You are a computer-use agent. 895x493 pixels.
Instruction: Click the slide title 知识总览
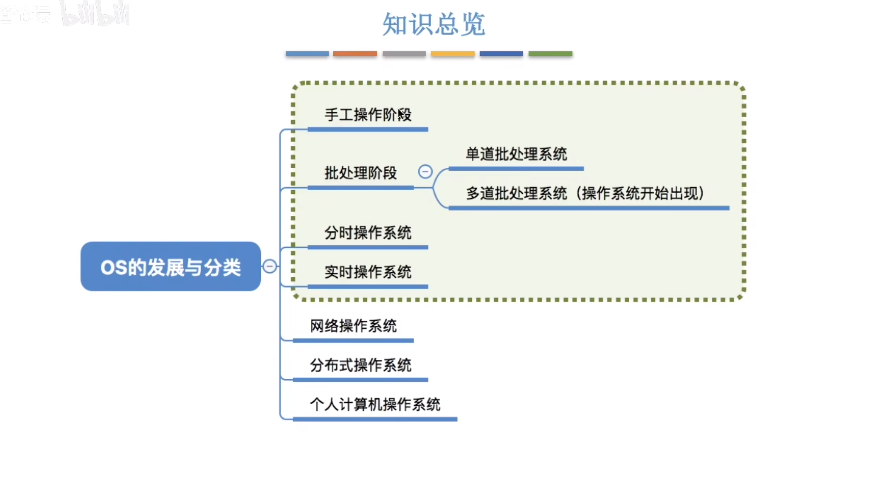point(433,24)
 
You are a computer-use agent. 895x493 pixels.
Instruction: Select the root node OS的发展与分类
point(171,267)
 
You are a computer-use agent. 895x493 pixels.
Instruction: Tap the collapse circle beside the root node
point(270,266)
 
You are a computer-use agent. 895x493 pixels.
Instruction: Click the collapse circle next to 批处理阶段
point(425,172)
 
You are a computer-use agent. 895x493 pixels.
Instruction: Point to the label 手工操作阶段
point(368,115)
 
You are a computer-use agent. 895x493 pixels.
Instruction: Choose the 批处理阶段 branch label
point(361,173)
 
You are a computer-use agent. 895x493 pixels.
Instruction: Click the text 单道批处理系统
point(516,154)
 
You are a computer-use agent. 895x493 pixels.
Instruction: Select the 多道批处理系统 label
point(516,194)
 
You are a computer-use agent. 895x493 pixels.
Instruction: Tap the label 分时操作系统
point(368,232)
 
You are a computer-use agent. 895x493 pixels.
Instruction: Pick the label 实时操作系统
point(368,272)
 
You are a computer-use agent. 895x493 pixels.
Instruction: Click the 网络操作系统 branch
point(353,326)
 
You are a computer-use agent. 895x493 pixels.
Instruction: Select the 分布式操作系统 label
point(361,365)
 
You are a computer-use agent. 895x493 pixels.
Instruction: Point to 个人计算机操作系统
point(375,404)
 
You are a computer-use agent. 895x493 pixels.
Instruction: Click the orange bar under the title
point(355,53)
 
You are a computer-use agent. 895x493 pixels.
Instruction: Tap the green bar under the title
point(550,53)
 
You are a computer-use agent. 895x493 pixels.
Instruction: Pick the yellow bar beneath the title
point(452,53)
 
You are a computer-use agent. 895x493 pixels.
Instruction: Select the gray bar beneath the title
point(404,53)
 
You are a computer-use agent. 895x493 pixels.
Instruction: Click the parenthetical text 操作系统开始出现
point(640,194)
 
